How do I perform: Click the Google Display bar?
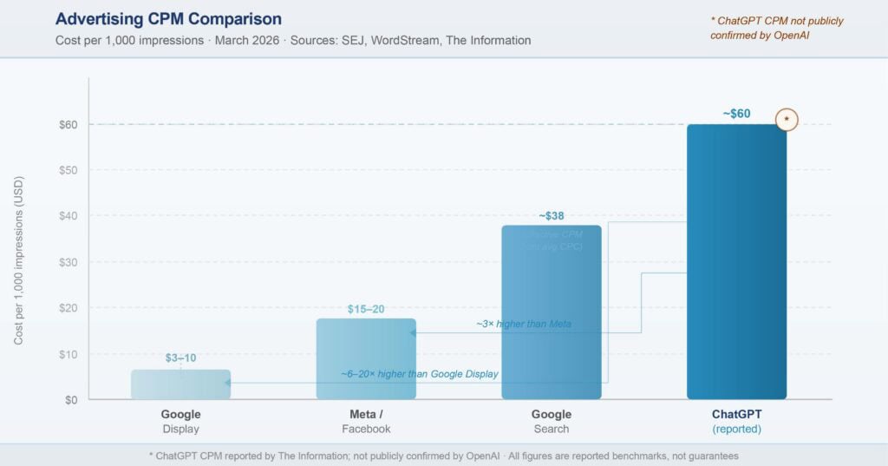(x=180, y=384)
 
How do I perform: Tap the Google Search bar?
(x=552, y=312)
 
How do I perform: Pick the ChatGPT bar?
(x=736, y=261)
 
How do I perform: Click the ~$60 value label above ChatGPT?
(x=736, y=113)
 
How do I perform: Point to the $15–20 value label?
(x=366, y=309)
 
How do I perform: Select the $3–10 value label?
(x=180, y=358)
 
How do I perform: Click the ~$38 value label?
(x=552, y=215)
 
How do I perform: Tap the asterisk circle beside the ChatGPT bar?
(x=787, y=119)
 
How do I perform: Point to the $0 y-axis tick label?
(x=69, y=400)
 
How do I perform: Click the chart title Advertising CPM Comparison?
(x=167, y=19)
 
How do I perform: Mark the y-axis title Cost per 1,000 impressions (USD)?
(x=19, y=260)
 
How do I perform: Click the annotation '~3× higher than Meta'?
(x=524, y=324)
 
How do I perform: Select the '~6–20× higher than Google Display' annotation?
(x=420, y=374)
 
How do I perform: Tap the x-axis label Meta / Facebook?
(x=366, y=422)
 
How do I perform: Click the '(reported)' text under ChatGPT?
(x=736, y=429)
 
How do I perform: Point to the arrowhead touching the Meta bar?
(x=413, y=332)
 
